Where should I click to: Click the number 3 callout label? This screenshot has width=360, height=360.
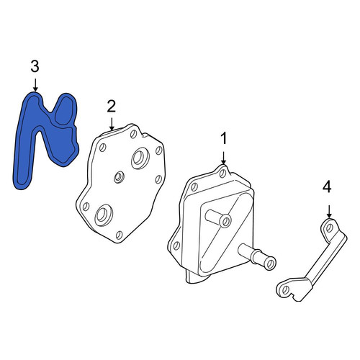35,66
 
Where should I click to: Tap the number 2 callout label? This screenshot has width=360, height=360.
112,107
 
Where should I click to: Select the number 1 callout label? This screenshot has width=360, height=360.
224,138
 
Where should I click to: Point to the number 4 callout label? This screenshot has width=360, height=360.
327,187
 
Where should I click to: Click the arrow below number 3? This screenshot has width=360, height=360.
35,85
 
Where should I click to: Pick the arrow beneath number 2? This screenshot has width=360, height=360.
112,124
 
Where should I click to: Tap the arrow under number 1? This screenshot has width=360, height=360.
223,158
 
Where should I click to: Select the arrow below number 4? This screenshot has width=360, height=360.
329,212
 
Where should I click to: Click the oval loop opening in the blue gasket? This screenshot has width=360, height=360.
63,112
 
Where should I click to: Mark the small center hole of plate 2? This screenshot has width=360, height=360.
119,178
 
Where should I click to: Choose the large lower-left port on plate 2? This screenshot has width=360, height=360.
104,214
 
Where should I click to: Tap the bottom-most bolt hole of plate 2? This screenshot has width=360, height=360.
119,235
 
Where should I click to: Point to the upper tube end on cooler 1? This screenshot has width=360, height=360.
225,221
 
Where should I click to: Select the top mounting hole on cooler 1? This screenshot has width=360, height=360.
222,173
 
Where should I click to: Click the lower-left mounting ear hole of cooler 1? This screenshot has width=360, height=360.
176,246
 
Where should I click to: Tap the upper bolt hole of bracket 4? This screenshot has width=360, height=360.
329,228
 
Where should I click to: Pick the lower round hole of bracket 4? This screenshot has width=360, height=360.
285,289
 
